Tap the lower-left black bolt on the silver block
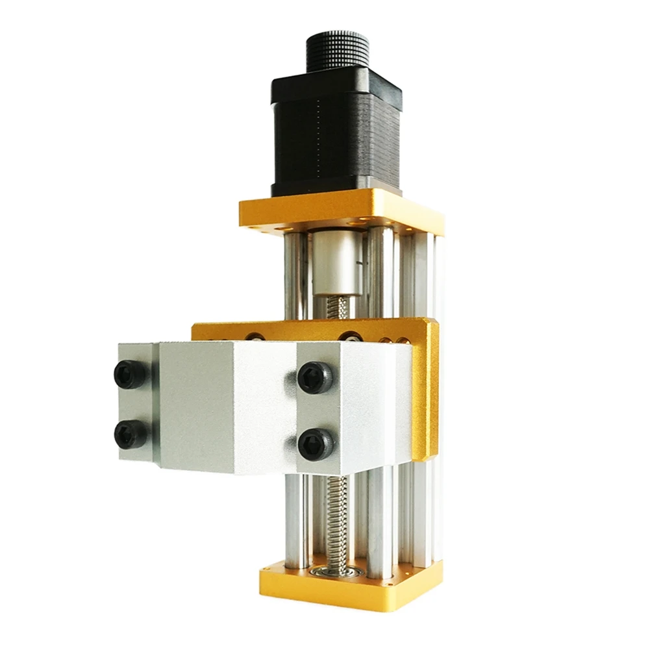[130, 434]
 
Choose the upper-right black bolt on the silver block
[315, 377]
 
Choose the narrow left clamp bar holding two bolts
[136, 403]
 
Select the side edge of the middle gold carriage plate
[427, 390]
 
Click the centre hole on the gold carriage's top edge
[351, 336]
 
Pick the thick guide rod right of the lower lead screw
[381, 519]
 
